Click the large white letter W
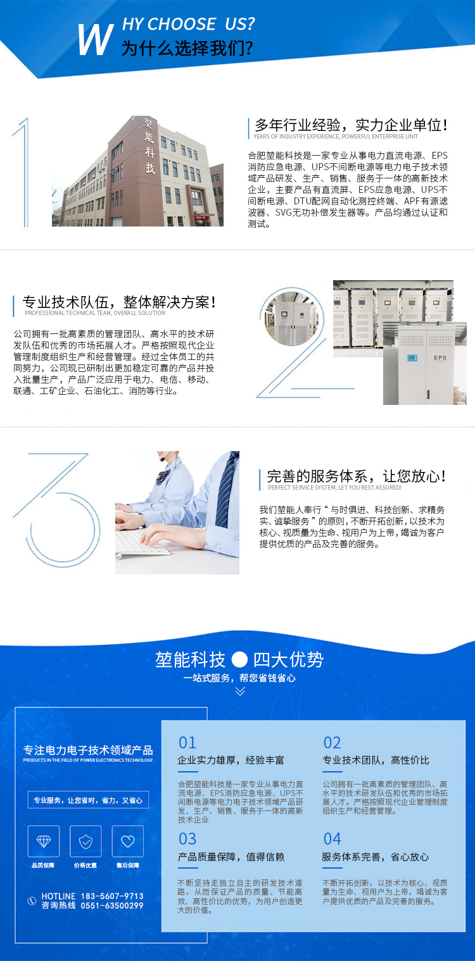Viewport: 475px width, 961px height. coord(96,39)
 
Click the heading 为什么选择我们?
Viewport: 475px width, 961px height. coord(187,47)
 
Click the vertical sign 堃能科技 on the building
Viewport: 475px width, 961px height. coord(149,146)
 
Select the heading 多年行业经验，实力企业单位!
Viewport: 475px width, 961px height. coord(351,125)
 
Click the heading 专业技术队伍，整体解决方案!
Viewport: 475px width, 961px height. coord(119,302)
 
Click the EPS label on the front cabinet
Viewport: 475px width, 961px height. coord(440,357)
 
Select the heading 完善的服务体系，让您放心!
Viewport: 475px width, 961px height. coord(357,476)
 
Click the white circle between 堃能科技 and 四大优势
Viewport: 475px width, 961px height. coord(239,659)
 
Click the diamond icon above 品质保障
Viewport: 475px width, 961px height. coord(43,841)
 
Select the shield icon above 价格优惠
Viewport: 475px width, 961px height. coord(85,841)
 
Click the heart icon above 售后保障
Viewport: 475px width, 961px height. coord(127,841)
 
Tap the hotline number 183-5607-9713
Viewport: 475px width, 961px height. coord(112,896)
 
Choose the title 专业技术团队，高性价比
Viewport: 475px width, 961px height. coord(376,760)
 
